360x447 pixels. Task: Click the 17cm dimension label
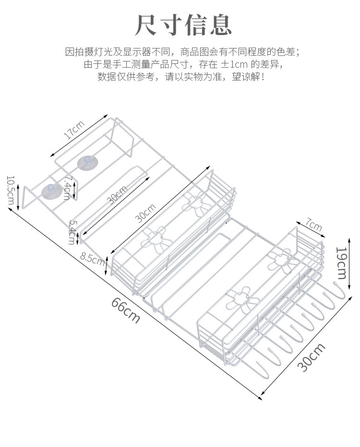click(74, 130)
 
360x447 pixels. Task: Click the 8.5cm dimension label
click(93, 258)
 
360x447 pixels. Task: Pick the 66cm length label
click(126, 310)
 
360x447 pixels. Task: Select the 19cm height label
click(341, 263)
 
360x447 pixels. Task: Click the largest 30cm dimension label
click(311, 358)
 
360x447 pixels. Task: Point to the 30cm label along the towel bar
click(117, 194)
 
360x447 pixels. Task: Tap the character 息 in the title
click(219, 25)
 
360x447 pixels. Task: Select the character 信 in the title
click(194, 25)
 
